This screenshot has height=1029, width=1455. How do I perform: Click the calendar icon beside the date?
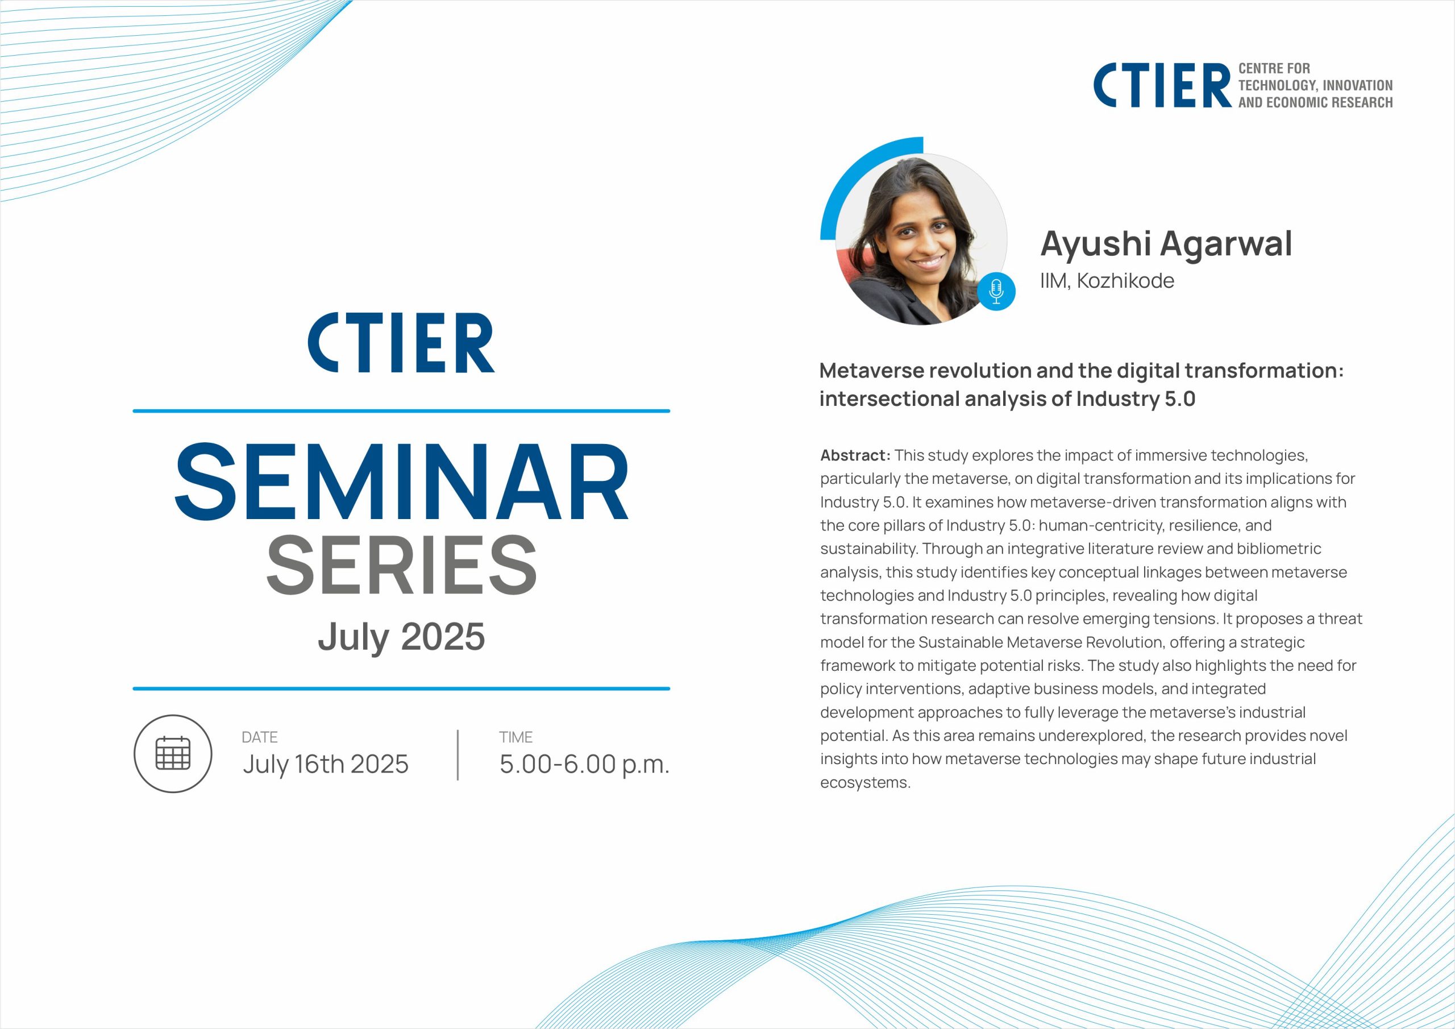(173, 753)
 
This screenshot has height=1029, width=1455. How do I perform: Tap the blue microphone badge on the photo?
(996, 292)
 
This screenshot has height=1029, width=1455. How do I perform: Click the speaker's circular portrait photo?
(921, 239)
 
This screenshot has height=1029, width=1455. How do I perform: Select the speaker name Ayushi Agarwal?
(1166, 243)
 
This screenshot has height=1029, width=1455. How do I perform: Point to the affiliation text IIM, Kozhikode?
(1107, 280)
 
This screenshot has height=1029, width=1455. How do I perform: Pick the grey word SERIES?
(402, 565)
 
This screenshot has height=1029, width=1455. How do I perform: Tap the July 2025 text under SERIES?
(401, 637)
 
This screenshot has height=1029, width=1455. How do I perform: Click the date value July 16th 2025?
(326, 764)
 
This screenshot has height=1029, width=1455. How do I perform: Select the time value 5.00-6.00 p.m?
(584, 765)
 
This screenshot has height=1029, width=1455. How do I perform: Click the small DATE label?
(260, 737)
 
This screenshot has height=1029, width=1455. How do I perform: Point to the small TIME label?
(516, 737)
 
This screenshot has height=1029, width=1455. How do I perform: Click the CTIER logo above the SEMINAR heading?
(401, 342)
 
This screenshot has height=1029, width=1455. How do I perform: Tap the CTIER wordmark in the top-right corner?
(1162, 85)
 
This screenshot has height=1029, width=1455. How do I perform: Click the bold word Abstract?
(855, 455)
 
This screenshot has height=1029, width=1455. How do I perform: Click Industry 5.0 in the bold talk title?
(1136, 399)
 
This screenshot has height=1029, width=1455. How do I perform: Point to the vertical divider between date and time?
(458, 754)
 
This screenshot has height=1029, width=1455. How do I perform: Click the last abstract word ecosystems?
(866, 782)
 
